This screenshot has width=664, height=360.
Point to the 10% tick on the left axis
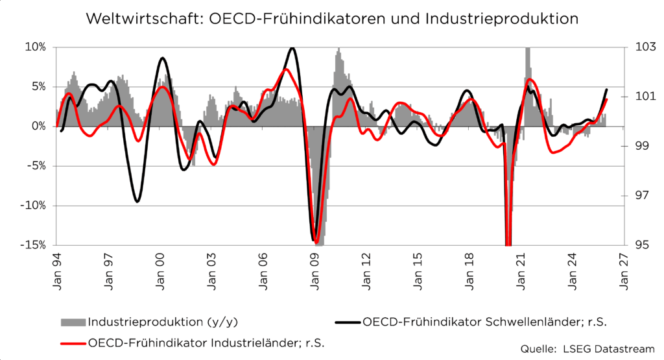tap(36, 47)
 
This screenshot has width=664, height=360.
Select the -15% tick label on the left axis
tap(34, 245)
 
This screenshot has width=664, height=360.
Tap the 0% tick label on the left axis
tap(39, 126)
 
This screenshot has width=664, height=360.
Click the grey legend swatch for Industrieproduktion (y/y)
tap(73, 322)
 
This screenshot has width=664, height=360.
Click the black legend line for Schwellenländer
tap(348, 322)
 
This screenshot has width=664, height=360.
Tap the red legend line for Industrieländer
tap(73, 342)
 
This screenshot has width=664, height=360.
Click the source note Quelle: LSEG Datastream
tap(587, 349)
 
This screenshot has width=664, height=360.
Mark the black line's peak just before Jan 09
tap(292, 48)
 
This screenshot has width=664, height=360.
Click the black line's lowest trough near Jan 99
tap(137, 202)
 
